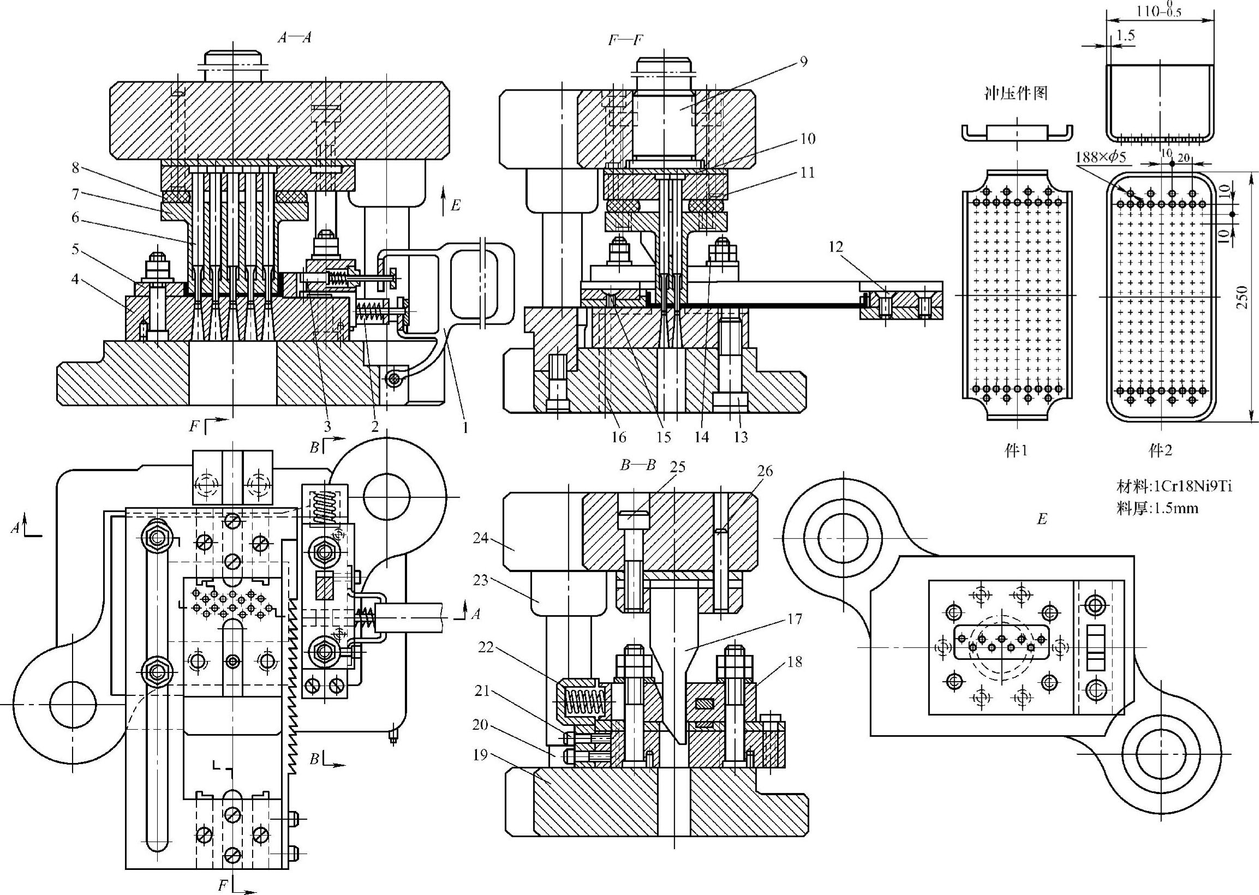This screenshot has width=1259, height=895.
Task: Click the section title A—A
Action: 295,37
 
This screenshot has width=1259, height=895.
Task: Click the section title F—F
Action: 625,40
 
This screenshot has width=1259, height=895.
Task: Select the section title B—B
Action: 639,465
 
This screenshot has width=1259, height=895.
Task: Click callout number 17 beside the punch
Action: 795,619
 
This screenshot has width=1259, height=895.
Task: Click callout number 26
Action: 765,471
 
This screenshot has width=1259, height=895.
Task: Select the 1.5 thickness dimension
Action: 1125,35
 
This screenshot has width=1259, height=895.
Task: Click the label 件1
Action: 1016,451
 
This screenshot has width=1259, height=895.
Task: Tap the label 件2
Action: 1160,451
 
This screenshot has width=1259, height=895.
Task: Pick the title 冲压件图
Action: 1016,94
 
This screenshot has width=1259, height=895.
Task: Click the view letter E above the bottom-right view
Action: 1042,519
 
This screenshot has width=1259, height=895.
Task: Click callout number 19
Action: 480,754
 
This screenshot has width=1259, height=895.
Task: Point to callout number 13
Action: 741,437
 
